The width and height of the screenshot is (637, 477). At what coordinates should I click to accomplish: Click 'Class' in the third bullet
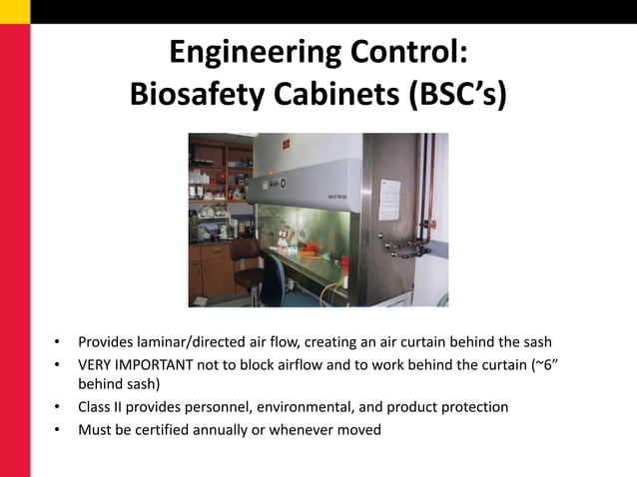96,407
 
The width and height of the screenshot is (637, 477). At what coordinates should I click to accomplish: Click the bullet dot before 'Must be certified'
57,430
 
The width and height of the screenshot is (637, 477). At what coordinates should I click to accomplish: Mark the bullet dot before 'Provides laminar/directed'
57,342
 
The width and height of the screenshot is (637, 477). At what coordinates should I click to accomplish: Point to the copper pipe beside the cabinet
431,200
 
